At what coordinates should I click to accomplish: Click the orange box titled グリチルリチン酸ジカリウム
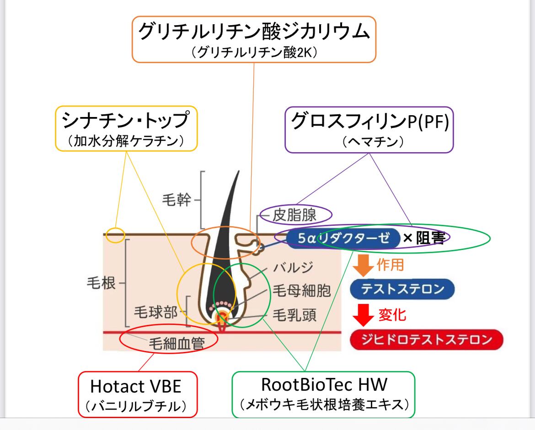[x=254, y=39]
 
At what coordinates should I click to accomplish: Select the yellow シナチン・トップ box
[x=126, y=128]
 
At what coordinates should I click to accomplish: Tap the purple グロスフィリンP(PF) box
[x=369, y=130]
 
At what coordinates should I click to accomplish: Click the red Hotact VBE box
[x=138, y=394]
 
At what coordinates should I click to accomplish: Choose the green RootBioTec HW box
[x=323, y=394]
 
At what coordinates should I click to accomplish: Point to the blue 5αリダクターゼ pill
[x=343, y=238]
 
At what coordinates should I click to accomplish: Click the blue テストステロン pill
[x=402, y=289]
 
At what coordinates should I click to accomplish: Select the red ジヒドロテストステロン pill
[x=427, y=340]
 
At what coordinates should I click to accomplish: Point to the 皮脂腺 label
[x=294, y=215]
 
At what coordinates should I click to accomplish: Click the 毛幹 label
[x=177, y=200]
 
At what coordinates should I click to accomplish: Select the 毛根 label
[x=102, y=283]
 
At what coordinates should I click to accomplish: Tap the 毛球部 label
[x=155, y=312]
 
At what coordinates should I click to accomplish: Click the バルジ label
[x=293, y=267]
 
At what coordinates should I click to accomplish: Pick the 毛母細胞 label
[x=302, y=291]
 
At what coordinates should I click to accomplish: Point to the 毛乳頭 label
[x=294, y=315]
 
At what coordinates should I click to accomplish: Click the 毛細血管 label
[x=177, y=343]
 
